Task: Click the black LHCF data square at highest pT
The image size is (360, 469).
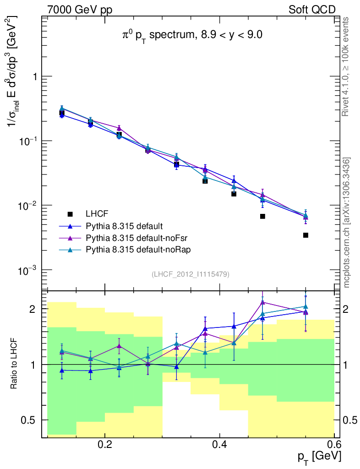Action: point(305,235)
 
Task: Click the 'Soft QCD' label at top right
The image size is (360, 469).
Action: point(312,10)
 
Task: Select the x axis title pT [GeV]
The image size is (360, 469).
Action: point(319,457)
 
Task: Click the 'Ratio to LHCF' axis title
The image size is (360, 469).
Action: point(16,364)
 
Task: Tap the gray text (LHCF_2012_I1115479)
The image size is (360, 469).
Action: point(191,274)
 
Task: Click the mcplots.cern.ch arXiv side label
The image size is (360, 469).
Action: point(347,222)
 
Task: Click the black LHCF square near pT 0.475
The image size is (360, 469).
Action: point(262,216)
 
